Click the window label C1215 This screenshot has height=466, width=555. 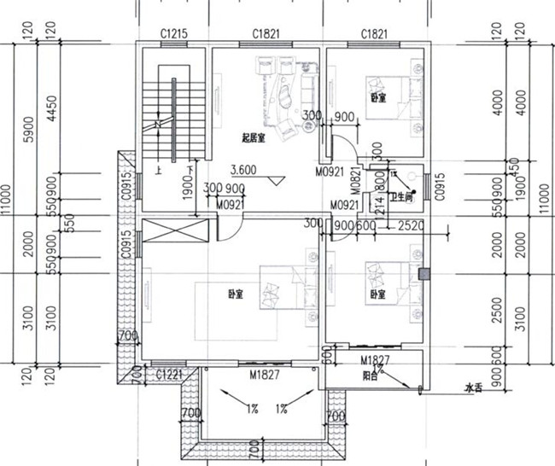click(x=174, y=34)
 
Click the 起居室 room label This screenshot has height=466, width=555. click(x=253, y=137)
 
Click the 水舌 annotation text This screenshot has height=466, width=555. click(x=473, y=389)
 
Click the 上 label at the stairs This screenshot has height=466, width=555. click(x=159, y=171)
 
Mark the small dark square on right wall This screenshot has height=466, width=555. click(x=424, y=274)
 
